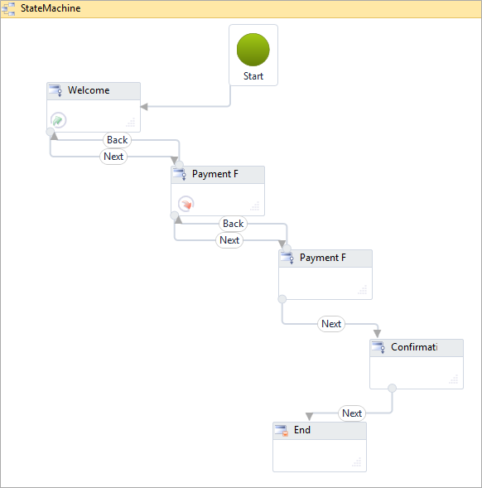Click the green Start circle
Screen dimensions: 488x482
click(x=253, y=50)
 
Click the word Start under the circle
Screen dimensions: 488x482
click(x=253, y=76)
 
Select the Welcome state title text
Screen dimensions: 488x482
click(x=89, y=90)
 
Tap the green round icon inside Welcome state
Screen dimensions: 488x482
click(x=59, y=119)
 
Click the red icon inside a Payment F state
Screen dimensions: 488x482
click(x=186, y=203)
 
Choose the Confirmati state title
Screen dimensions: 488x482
click(x=414, y=347)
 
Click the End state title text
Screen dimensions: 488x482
click(x=302, y=430)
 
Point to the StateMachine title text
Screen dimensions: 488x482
click(x=51, y=8)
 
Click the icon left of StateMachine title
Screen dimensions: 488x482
click(x=9, y=8)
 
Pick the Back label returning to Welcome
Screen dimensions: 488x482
click(x=118, y=140)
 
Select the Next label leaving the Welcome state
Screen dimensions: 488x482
click(x=113, y=157)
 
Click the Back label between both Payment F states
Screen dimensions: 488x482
click(x=234, y=224)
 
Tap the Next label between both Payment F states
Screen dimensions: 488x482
click(x=229, y=240)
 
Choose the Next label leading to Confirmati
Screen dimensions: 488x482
click(x=331, y=324)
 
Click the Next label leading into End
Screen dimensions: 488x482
click(x=352, y=413)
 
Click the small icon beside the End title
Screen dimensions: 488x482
click(x=282, y=431)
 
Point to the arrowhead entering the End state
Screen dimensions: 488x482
click(x=308, y=417)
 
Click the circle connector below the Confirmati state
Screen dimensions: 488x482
click(x=392, y=388)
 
